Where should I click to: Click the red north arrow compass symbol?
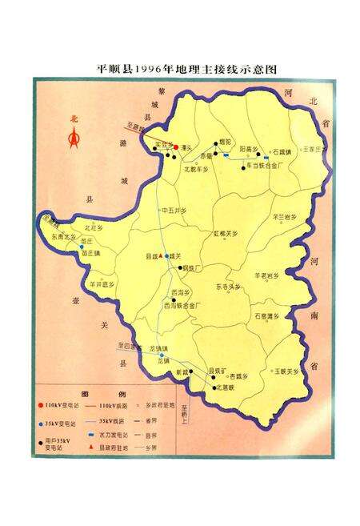click(74, 139)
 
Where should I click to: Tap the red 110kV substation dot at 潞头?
click(175, 148)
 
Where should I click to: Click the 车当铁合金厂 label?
click(264, 166)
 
